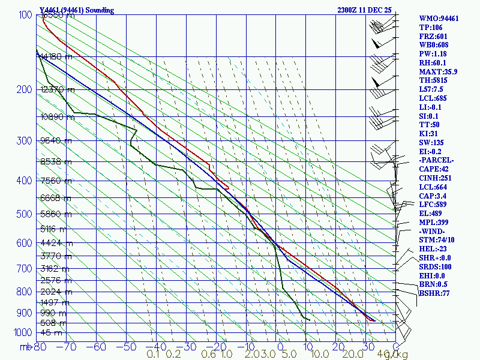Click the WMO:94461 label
[x=439, y=19]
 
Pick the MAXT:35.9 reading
[x=438, y=71]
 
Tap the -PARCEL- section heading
[x=436, y=160]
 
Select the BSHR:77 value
[x=435, y=293]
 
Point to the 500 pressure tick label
[x=24, y=214]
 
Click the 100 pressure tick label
[x=24, y=15]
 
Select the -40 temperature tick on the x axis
[x=156, y=346]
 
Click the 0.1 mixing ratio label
[x=153, y=355]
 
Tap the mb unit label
[x=25, y=346]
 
